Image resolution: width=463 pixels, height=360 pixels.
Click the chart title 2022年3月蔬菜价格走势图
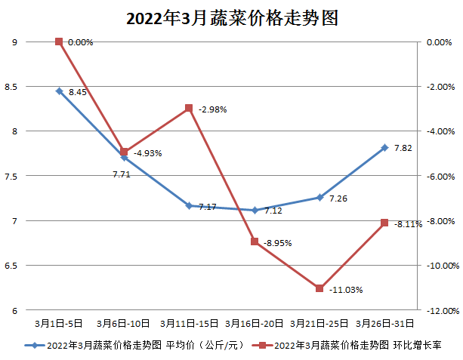click(x=231, y=19)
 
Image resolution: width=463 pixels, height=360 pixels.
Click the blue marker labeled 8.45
click(x=59, y=91)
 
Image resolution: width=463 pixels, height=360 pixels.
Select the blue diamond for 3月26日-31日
click(x=384, y=147)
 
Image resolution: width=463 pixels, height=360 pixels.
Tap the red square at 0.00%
click(x=59, y=42)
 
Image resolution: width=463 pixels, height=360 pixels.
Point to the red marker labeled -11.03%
click(x=319, y=288)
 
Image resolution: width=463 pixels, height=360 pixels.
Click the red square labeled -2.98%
click(x=189, y=108)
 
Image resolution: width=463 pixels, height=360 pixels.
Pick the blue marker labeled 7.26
click(x=319, y=198)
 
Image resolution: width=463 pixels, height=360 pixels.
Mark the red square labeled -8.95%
click(x=255, y=242)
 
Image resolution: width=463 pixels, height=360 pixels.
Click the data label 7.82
click(x=403, y=148)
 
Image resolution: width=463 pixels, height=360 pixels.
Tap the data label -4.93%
click(x=148, y=153)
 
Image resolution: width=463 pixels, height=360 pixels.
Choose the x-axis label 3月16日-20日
click(x=255, y=322)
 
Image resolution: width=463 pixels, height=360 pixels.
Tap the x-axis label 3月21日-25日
click(x=319, y=322)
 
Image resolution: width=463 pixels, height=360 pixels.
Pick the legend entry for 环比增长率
click(x=347, y=345)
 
